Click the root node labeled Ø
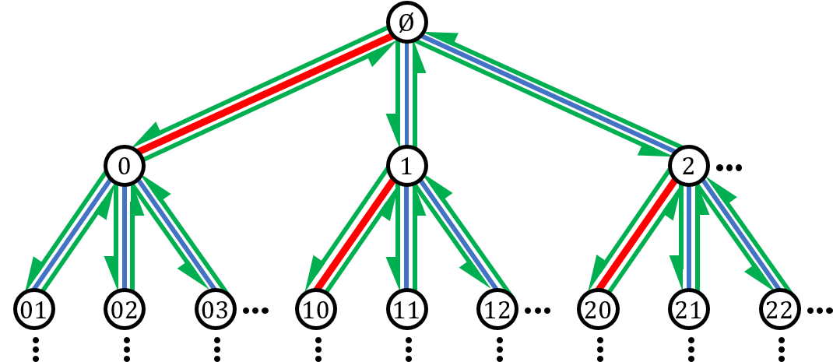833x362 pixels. coord(406,23)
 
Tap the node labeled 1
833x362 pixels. coord(406,166)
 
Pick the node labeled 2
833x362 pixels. coord(687,166)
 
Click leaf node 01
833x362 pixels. coord(34,309)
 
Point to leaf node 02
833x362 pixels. coord(125,309)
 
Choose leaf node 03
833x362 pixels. coord(215,309)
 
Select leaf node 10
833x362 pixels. coord(316,309)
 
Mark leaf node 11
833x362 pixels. coord(406,309)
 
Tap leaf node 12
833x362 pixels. coord(497,309)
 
